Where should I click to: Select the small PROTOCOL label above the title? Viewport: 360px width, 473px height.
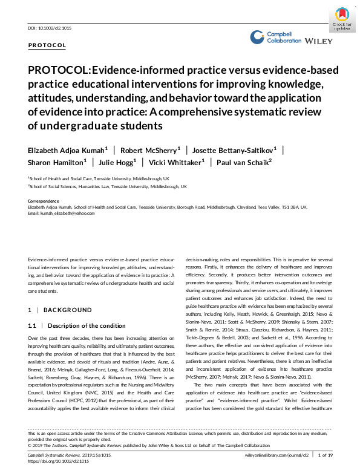47,45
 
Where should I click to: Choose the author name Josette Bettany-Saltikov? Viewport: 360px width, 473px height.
236,149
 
